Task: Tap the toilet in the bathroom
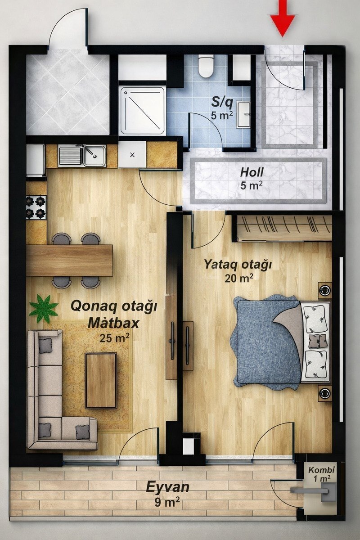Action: click(x=206, y=66)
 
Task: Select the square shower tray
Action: click(x=143, y=111)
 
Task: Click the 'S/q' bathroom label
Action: click(x=222, y=103)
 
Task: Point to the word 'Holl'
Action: click(x=252, y=172)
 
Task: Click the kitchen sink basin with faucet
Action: click(x=94, y=156)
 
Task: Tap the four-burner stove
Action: click(x=36, y=207)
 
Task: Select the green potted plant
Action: click(x=44, y=309)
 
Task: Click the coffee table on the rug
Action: click(x=101, y=381)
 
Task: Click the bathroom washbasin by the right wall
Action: click(x=243, y=114)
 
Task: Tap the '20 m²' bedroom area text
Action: click(x=239, y=278)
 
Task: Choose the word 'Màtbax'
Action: click(x=113, y=324)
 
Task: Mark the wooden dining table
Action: click(x=69, y=261)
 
